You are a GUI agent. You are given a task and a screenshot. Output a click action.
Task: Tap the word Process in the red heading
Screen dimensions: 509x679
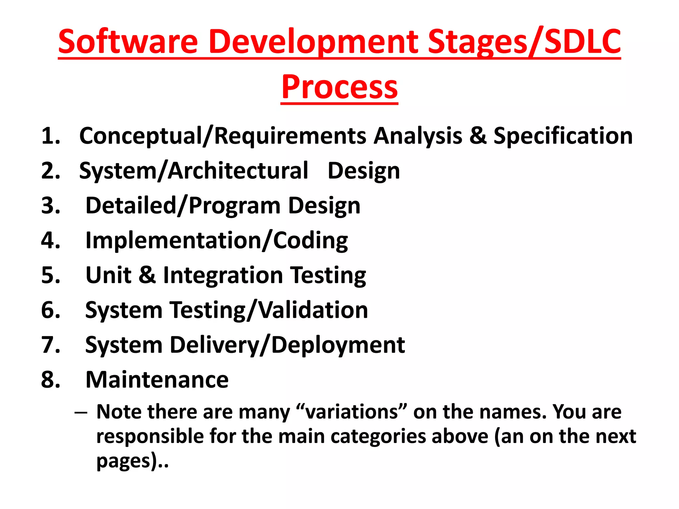click(x=339, y=87)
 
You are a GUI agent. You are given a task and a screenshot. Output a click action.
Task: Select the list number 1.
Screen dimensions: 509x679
click(x=51, y=136)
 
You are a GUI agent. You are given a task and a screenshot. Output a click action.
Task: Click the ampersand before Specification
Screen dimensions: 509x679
click(x=478, y=136)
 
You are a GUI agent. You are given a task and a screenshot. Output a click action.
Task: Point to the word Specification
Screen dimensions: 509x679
click(x=563, y=137)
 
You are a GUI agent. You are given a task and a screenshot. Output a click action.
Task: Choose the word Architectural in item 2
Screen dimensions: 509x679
click(x=238, y=171)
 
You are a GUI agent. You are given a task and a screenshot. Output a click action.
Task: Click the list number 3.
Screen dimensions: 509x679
click(x=51, y=205)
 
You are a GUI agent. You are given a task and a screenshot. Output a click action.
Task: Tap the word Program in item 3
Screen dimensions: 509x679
click(x=235, y=206)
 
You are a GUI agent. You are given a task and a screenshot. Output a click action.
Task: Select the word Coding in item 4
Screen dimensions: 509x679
click(x=310, y=241)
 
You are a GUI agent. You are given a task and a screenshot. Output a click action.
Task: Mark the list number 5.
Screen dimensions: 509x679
click(x=51, y=275)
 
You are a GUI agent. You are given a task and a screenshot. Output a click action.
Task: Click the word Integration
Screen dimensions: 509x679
click(x=223, y=276)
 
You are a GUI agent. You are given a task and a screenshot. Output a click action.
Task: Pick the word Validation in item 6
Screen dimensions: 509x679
click(x=313, y=310)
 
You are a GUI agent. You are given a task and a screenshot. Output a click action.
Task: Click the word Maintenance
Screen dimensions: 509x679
click(x=157, y=380)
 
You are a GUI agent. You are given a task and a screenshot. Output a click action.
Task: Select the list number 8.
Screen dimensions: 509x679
click(x=51, y=380)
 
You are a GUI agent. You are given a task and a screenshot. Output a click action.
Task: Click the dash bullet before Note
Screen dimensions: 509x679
click(x=81, y=413)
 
